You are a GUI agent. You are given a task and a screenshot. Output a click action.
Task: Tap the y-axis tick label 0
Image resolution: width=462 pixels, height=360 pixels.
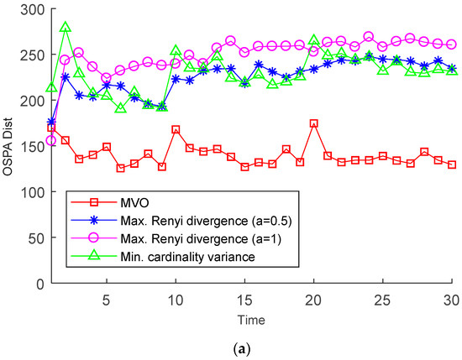tap(37, 283)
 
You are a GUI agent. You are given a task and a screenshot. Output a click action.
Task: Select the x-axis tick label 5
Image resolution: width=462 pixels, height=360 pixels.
tap(107, 299)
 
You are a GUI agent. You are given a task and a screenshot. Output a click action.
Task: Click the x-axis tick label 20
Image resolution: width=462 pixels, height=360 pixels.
tap(313, 299)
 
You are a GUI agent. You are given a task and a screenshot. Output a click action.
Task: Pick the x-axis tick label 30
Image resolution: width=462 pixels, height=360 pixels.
tap(452, 299)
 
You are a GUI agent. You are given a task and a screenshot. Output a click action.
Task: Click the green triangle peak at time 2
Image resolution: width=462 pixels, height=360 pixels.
tap(66, 28)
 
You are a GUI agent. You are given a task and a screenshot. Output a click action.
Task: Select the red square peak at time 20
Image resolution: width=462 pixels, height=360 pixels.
tap(313, 123)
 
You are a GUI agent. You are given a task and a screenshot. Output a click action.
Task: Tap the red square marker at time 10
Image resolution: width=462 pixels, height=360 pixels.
tap(176, 129)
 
